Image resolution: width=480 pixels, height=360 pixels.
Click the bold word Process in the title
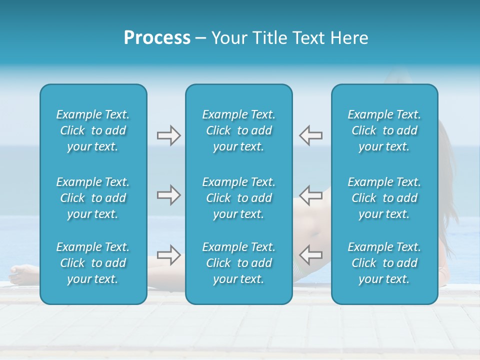(x=157, y=38)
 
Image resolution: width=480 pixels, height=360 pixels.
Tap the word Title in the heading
(x=272, y=38)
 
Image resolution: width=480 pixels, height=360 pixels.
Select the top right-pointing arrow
(x=168, y=135)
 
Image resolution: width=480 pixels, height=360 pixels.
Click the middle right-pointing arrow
(x=168, y=195)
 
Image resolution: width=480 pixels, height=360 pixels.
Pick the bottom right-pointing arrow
(x=168, y=255)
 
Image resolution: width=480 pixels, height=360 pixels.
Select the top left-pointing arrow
(x=311, y=135)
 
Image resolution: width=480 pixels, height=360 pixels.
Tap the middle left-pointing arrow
(x=311, y=195)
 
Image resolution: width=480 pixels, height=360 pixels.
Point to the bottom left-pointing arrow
(x=311, y=255)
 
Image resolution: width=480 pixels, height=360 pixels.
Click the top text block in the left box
(x=93, y=130)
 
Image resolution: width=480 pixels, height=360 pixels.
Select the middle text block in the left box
(x=93, y=198)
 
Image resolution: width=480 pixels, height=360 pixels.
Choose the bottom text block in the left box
(x=93, y=263)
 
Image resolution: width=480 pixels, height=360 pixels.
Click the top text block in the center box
(x=239, y=130)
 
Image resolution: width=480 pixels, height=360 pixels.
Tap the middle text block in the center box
(x=239, y=198)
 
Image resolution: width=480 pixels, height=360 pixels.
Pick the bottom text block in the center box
(x=239, y=263)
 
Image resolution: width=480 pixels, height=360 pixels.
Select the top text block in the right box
(x=384, y=130)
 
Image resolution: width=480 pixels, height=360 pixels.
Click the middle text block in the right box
(x=384, y=198)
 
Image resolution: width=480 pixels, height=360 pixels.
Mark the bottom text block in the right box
(x=384, y=263)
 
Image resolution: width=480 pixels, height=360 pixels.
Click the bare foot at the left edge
(x=22, y=274)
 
